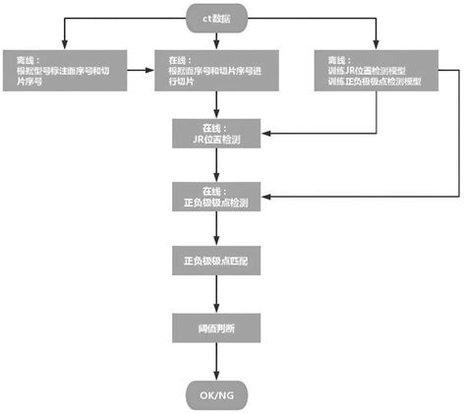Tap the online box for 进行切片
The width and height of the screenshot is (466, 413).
(215, 73)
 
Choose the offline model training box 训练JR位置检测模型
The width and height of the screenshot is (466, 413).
(376, 73)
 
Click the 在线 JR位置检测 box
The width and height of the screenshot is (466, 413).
(215, 134)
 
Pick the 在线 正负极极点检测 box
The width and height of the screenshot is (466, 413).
(215, 197)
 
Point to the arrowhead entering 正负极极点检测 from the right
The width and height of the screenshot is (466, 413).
(266, 197)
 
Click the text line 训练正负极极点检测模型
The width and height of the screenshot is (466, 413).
(376, 81)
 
